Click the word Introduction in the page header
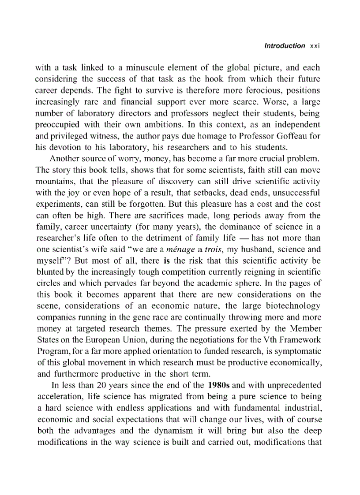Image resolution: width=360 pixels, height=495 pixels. coord(284,46)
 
